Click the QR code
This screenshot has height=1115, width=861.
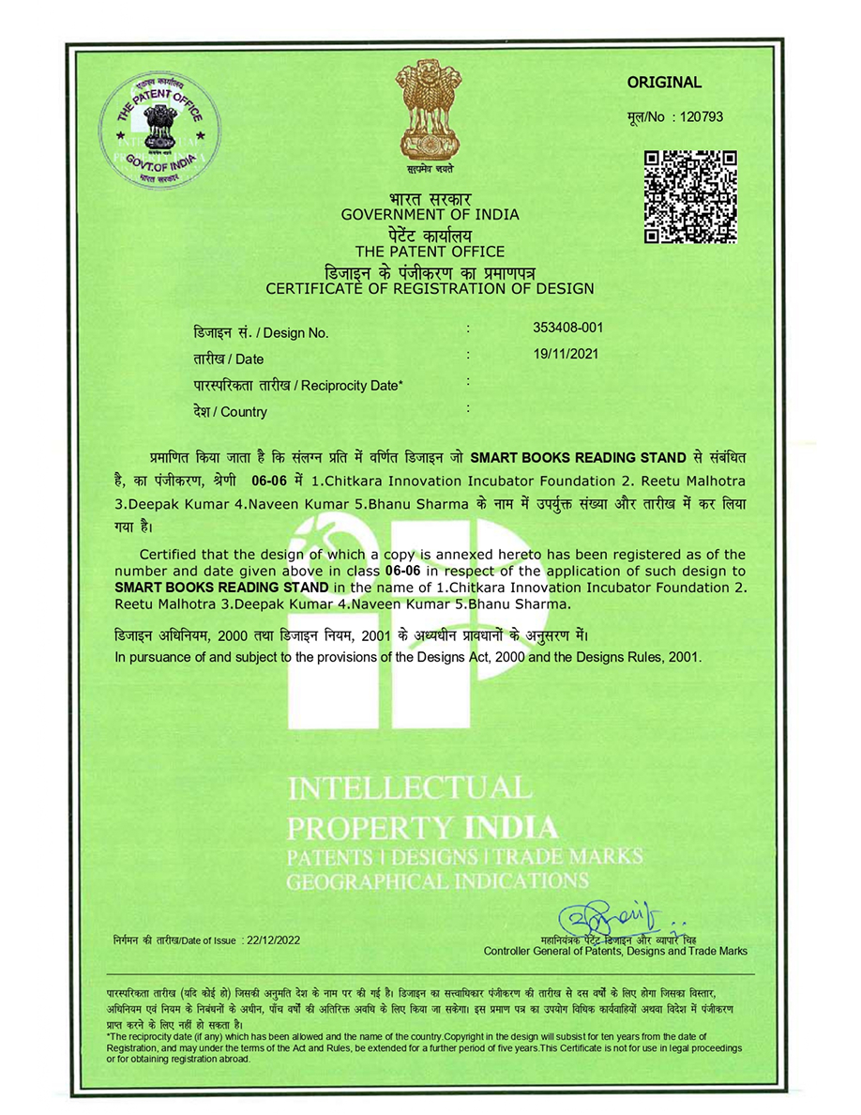pyautogui.click(x=690, y=196)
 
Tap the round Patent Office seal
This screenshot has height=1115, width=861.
pyautogui.click(x=160, y=130)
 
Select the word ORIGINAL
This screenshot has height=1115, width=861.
pyautogui.click(x=664, y=83)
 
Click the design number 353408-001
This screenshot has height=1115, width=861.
pyautogui.click(x=567, y=328)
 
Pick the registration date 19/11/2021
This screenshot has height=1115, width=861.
pyautogui.click(x=565, y=355)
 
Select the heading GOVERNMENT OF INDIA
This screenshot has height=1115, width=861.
pyautogui.click(x=430, y=215)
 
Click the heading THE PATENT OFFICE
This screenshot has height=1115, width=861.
pyautogui.click(x=430, y=252)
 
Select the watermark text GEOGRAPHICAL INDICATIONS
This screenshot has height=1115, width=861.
pyautogui.click(x=437, y=881)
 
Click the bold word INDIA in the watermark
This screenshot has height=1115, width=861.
pyautogui.click(x=511, y=828)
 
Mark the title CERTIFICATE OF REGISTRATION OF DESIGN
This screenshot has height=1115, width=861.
pyautogui.click(x=430, y=289)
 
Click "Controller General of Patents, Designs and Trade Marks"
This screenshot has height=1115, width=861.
pyautogui.click(x=615, y=952)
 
